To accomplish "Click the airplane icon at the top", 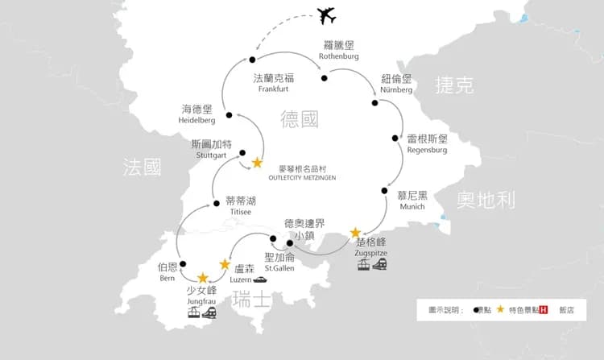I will [325, 15].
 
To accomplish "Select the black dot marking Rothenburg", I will [325, 78].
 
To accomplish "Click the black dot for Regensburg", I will [395, 138].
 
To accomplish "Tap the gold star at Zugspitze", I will [355, 233].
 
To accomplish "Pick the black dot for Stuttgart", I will [242, 153].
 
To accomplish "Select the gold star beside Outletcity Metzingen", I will [257, 163].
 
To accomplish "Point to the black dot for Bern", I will [183, 263].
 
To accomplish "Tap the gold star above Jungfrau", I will [203, 279].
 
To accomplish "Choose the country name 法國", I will [142, 167].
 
